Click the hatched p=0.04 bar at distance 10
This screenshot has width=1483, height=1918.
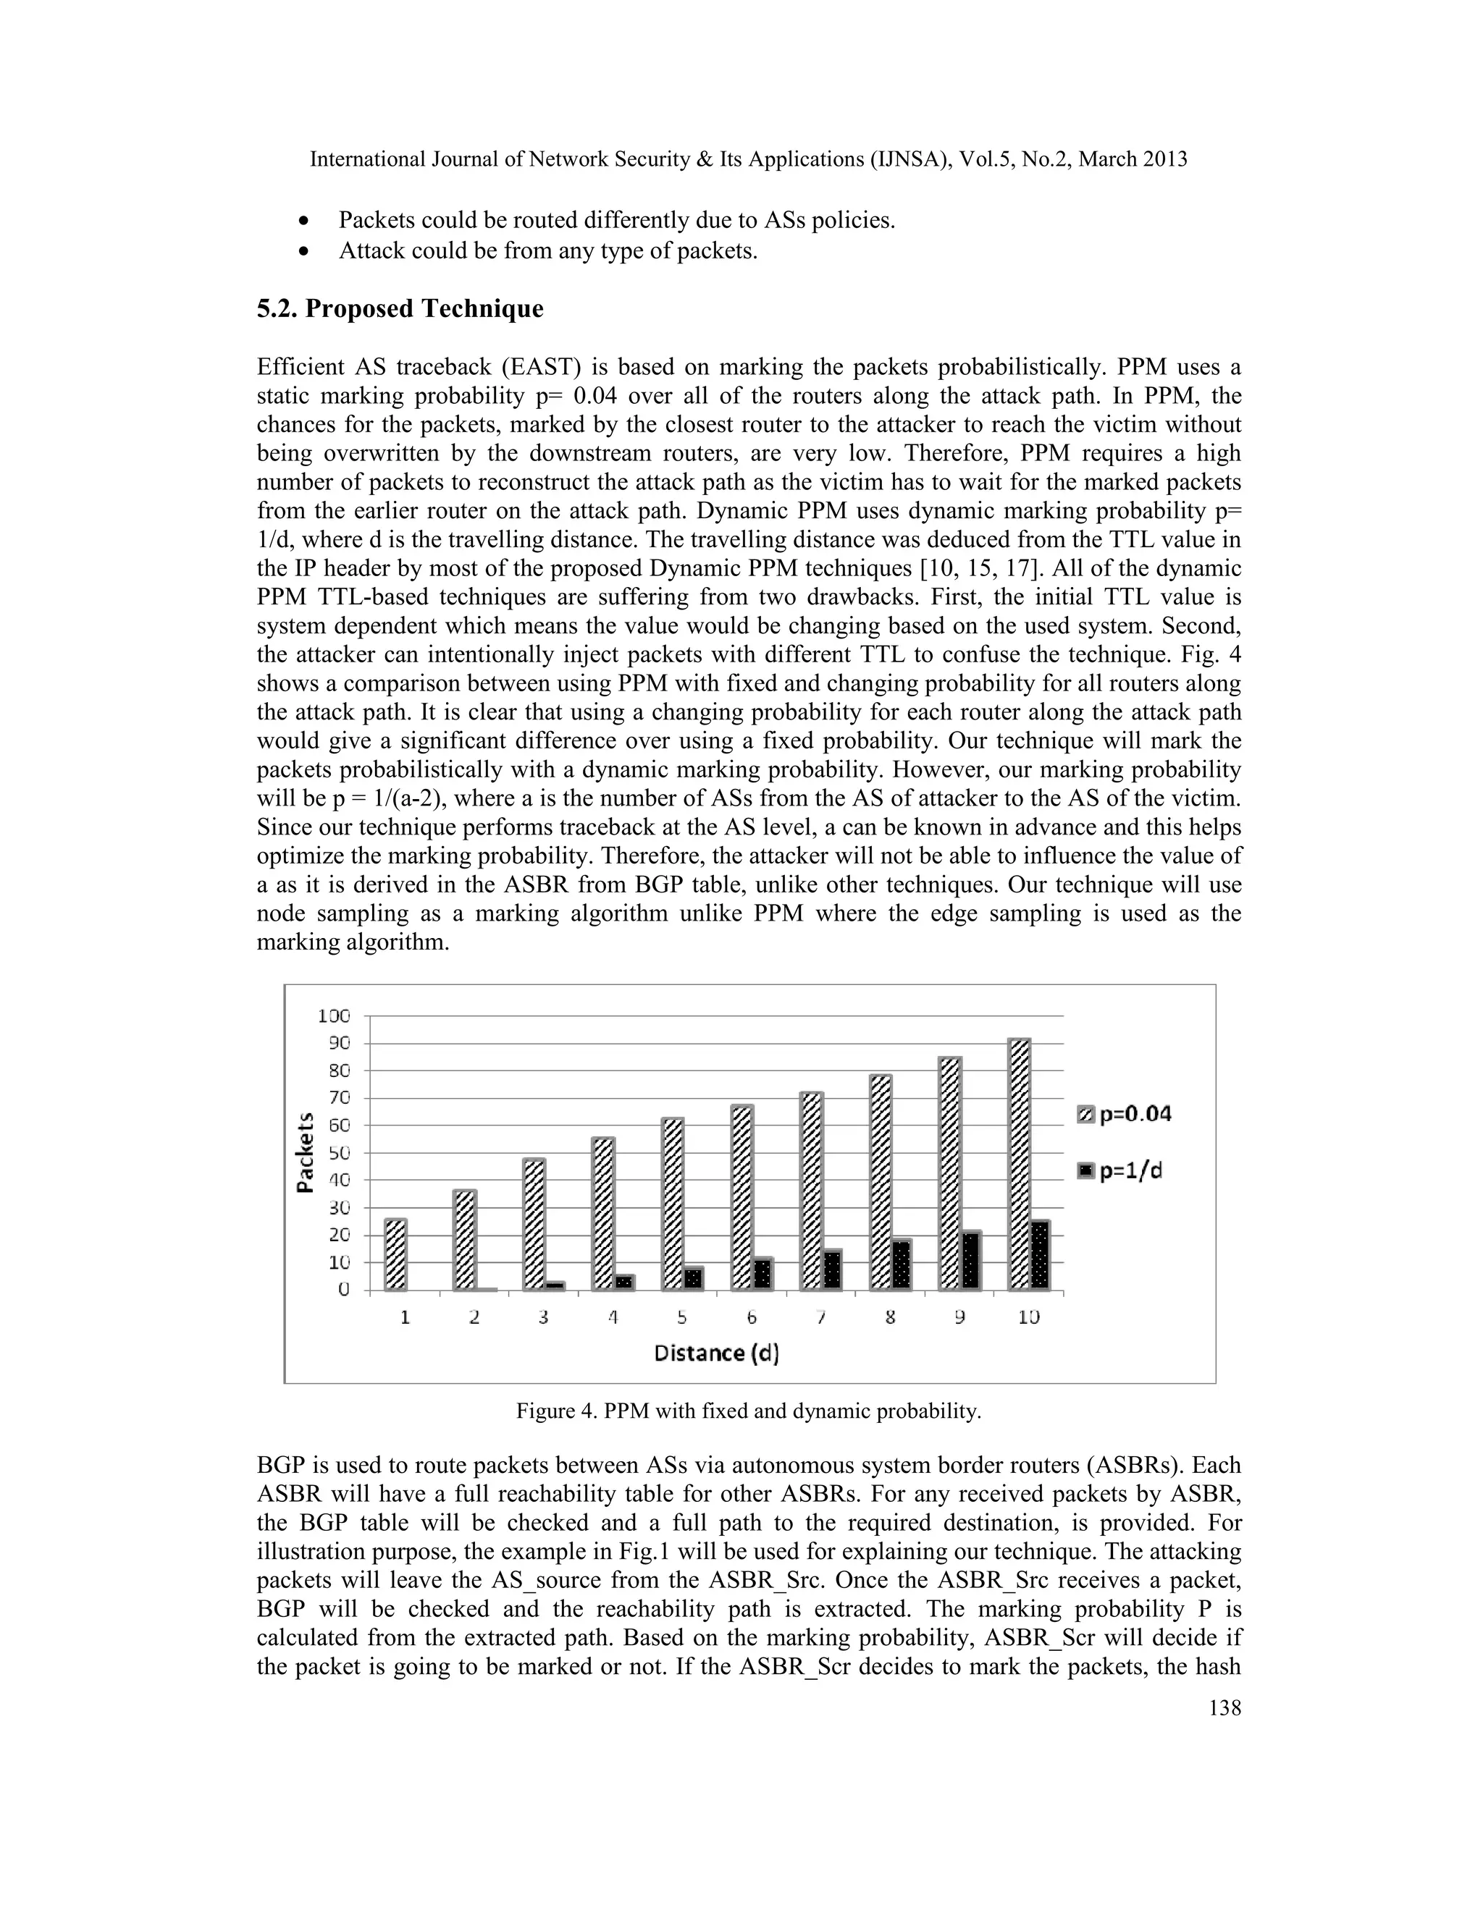coord(1019,1165)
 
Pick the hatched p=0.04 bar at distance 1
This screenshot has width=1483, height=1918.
coord(396,1255)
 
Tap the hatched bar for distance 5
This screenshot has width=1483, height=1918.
coord(673,1204)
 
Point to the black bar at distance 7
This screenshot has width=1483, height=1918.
coord(831,1270)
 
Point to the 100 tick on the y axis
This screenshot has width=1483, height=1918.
coord(334,1016)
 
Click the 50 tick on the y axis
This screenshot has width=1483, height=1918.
coord(334,1152)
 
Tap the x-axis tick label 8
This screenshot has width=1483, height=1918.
coord(890,1318)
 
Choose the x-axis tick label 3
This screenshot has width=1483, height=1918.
coord(544,1318)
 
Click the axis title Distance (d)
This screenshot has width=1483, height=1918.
coord(717,1353)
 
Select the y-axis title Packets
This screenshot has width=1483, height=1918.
coord(305,1153)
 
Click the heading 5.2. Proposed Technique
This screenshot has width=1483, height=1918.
coord(400,309)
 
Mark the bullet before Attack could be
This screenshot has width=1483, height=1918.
coord(304,251)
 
